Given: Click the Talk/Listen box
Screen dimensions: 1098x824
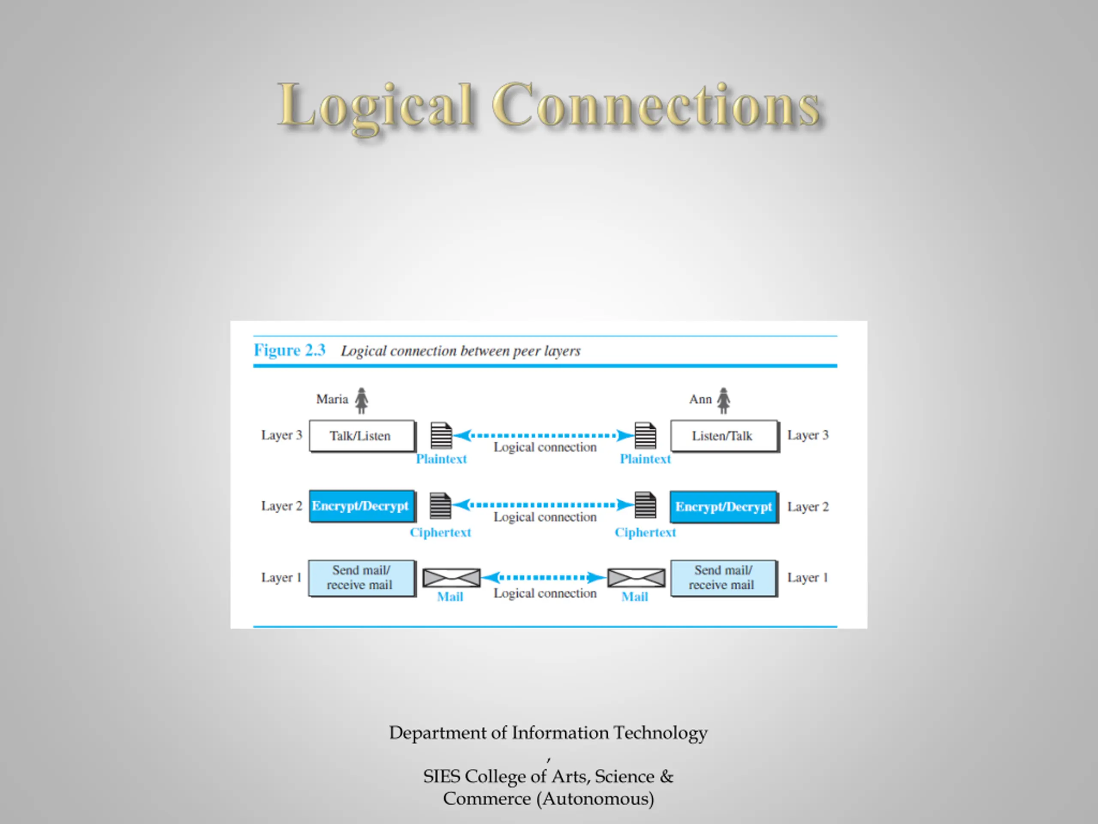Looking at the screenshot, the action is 362,436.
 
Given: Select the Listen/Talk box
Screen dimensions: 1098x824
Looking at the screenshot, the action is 724,436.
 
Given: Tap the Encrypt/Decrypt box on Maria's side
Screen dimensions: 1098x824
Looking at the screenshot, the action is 362,506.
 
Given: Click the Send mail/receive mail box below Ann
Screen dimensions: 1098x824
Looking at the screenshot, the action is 724,578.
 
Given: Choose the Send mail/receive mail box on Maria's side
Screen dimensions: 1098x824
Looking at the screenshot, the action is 362,578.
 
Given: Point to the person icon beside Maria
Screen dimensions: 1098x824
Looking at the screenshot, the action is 362,400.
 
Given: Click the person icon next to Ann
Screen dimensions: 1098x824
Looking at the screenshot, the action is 724,400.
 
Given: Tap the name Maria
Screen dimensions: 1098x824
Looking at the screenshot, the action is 332,399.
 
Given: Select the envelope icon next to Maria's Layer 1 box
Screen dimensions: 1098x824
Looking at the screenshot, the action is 451,578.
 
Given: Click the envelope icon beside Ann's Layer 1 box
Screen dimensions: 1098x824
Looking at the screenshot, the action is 636,578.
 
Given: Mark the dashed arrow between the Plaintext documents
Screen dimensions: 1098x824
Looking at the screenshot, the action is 544,436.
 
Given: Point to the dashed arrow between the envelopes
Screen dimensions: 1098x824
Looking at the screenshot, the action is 544,577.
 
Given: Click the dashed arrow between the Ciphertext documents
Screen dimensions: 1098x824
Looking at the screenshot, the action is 544,505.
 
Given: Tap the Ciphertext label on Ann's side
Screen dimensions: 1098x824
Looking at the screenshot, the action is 646,533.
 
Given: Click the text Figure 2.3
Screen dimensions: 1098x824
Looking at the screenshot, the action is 290,350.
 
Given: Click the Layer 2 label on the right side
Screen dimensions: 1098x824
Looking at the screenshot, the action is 808,506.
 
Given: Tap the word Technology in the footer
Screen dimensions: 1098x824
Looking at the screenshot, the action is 661,733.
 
